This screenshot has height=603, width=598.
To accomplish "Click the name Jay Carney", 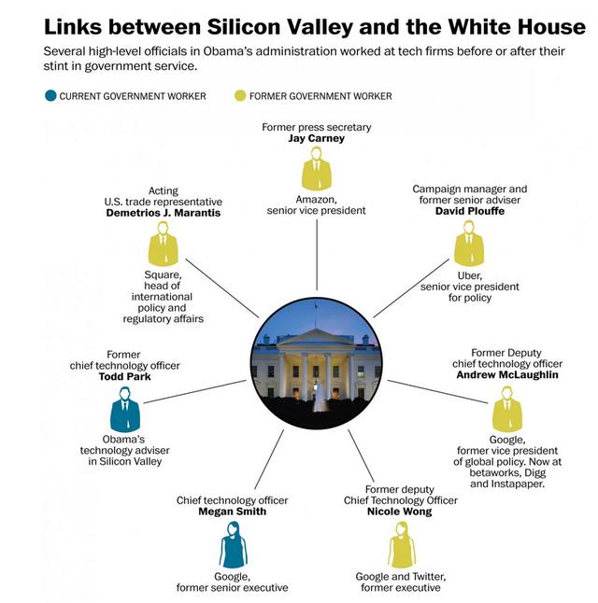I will pyautogui.click(x=317, y=138).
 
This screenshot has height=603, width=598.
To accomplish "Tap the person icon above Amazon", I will pyautogui.click(x=317, y=173).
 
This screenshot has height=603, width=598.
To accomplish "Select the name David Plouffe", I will pyautogui.click(x=469, y=211).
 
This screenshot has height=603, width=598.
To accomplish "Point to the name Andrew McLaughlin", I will pyautogui.click(x=507, y=375).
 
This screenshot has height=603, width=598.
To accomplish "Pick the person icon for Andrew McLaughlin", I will pyautogui.click(x=507, y=413).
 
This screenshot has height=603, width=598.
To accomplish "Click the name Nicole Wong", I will pyautogui.click(x=399, y=512).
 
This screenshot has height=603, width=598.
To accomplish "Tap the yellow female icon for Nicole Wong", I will pyautogui.click(x=401, y=546).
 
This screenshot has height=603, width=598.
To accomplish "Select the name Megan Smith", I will pyautogui.click(x=233, y=512).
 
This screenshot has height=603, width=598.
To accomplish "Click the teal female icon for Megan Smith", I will pyautogui.click(x=233, y=546).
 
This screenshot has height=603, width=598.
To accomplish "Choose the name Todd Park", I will pyautogui.click(x=123, y=377).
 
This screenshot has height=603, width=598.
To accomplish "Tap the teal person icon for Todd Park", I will pyautogui.click(x=123, y=413).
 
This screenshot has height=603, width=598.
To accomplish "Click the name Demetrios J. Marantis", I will pyautogui.click(x=164, y=213).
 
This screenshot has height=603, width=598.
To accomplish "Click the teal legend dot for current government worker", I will pyautogui.click(x=50, y=96).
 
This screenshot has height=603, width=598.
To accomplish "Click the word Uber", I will pyautogui.click(x=469, y=275).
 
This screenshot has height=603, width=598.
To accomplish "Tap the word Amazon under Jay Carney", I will pyautogui.click(x=317, y=199).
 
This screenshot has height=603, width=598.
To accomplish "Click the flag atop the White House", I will pyautogui.click(x=316, y=305).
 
